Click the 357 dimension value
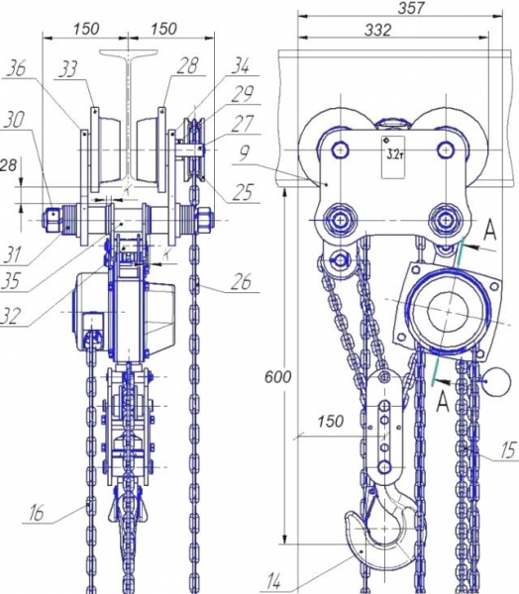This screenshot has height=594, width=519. tap(411, 8)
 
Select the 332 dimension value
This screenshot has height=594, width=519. tap(377, 30)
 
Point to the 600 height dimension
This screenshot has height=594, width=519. tap(277, 377)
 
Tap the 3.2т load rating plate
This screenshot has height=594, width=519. tap(393, 156)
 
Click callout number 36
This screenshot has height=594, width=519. tap(16, 69)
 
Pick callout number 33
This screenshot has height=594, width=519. tap(68, 68)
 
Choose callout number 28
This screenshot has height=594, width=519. tap(187, 65)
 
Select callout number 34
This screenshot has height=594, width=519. tap(241, 65)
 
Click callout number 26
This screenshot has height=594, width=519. tap(242, 282)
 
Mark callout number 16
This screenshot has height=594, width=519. tap(36, 513)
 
